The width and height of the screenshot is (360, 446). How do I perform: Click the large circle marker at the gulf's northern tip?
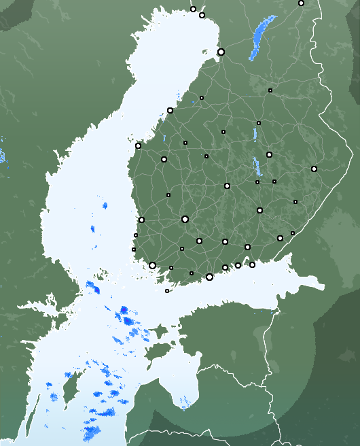tap(221, 52)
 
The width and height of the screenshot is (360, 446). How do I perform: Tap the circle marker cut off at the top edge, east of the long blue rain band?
tap(301, 3)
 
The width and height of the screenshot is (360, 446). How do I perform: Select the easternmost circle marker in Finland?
tap(314, 169)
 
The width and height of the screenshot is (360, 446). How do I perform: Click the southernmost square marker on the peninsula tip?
tap(167, 291)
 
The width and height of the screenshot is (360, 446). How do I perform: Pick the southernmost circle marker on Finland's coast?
tap(209, 277)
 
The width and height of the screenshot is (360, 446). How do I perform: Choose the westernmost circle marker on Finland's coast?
tap(138, 145)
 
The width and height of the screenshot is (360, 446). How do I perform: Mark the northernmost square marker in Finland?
tap(270, 90)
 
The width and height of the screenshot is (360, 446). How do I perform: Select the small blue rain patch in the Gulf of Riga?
tap(184, 407)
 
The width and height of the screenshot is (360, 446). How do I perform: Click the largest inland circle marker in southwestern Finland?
tap(185, 219)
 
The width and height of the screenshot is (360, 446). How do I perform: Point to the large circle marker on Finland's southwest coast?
tap(152, 265)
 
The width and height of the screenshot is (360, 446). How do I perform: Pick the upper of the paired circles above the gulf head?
tap(193, 9)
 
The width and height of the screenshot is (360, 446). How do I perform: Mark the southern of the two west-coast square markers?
tap(134, 250)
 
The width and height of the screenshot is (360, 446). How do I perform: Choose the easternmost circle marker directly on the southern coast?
tap(252, 264)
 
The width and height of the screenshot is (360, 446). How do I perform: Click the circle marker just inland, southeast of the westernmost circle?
tap(164, 159)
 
